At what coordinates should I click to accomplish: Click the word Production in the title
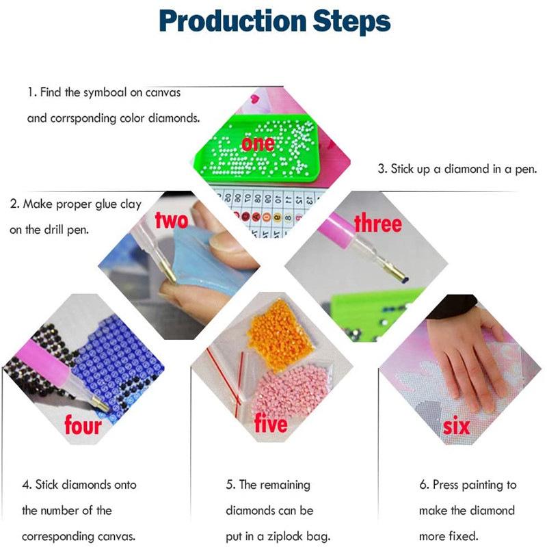[x=232, y=21]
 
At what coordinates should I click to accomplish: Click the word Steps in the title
[x=351, y=21]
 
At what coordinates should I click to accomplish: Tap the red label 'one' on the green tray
[x=258, y=144]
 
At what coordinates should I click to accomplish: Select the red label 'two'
[x=172, y=220]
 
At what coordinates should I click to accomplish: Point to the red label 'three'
[x=378, y=224]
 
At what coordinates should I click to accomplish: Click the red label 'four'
[x=83, y=425]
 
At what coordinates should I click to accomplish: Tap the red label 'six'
[x=456, y=426]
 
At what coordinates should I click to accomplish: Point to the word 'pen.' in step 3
[x=526, y=170]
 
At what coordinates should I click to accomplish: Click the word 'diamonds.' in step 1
[x=174, y=118]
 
